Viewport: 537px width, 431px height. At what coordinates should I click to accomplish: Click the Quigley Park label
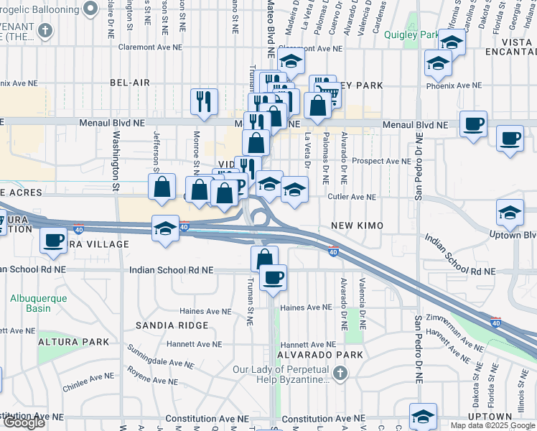point(411,34)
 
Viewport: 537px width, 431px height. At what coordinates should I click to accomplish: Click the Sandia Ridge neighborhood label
point(172,325)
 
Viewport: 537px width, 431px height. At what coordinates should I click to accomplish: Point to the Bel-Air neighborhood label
point(130,83)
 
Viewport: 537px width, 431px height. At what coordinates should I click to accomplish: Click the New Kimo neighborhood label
point(358,226)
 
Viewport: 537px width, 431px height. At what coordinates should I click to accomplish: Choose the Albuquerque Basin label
point(39,303)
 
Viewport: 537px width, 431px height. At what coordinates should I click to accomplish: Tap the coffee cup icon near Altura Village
point(53,239)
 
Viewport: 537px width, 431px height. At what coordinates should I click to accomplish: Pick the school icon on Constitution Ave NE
point(423,415)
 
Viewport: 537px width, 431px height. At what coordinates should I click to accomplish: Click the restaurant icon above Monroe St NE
point(205,101)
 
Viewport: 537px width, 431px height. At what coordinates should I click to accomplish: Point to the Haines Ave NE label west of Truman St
point(206,312)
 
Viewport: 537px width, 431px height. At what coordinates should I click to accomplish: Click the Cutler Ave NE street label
point(352,197)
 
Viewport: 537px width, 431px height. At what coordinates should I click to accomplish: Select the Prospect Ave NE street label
point(381,161)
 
